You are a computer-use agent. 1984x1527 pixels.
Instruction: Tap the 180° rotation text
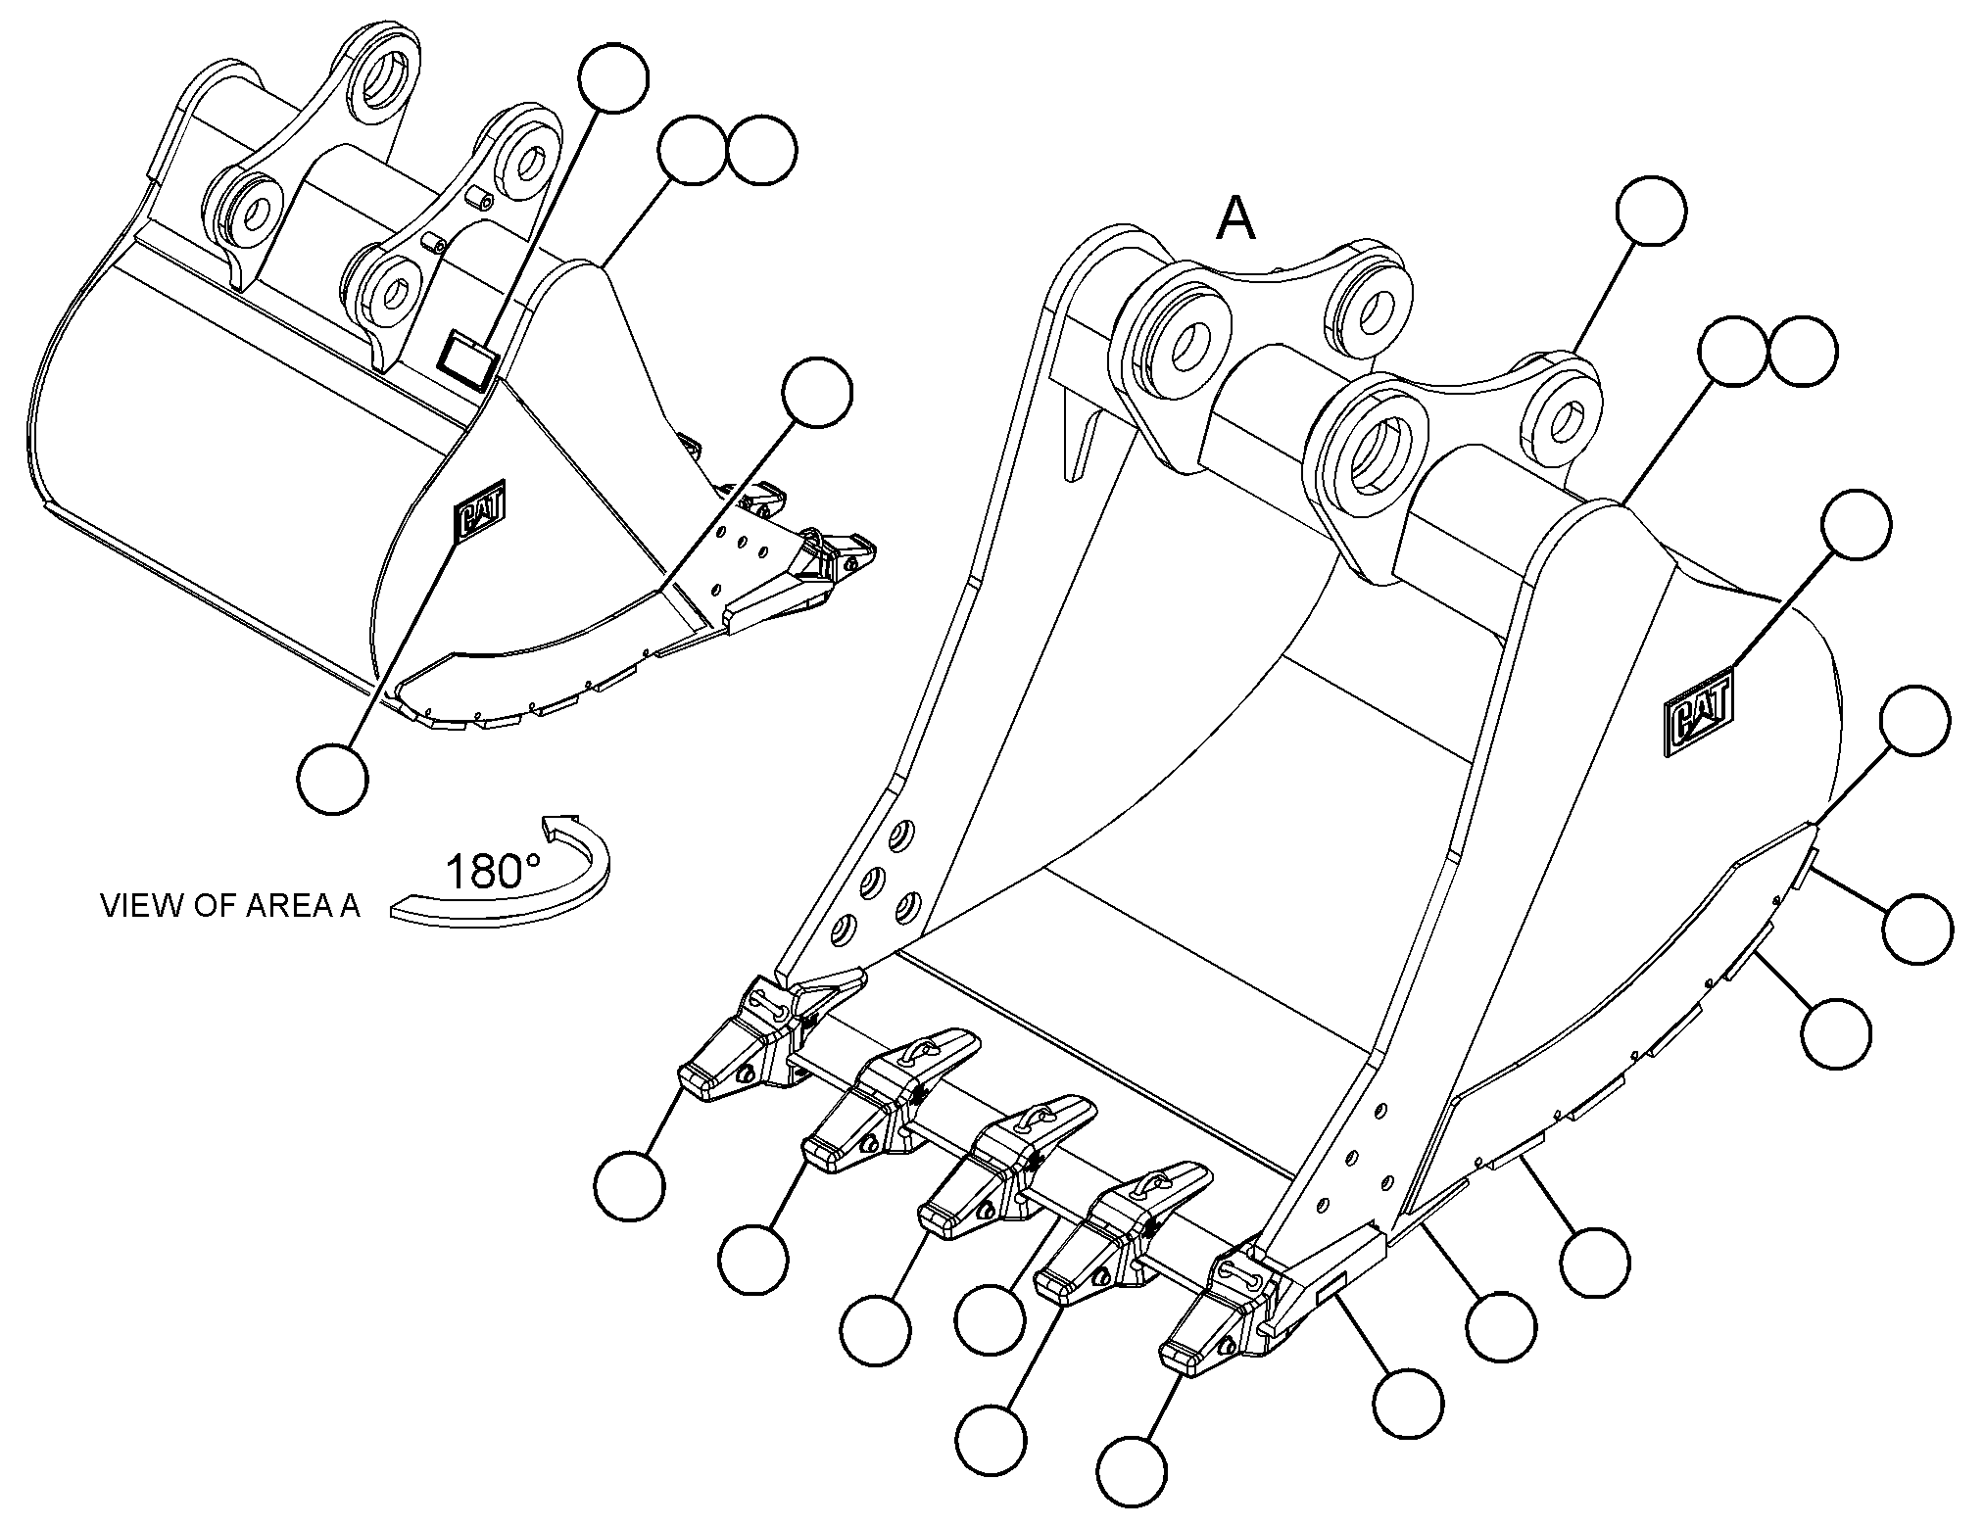[x=491, y=871]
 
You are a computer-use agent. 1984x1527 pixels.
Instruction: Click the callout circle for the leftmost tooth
[x=629, y=1186]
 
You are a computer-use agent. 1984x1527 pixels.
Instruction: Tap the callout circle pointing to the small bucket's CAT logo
[x=333, y=779]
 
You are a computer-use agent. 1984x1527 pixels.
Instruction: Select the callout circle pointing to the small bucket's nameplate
[x=613, y=78]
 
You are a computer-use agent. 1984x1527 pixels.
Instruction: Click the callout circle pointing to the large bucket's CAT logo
[x=1857, y=525]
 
